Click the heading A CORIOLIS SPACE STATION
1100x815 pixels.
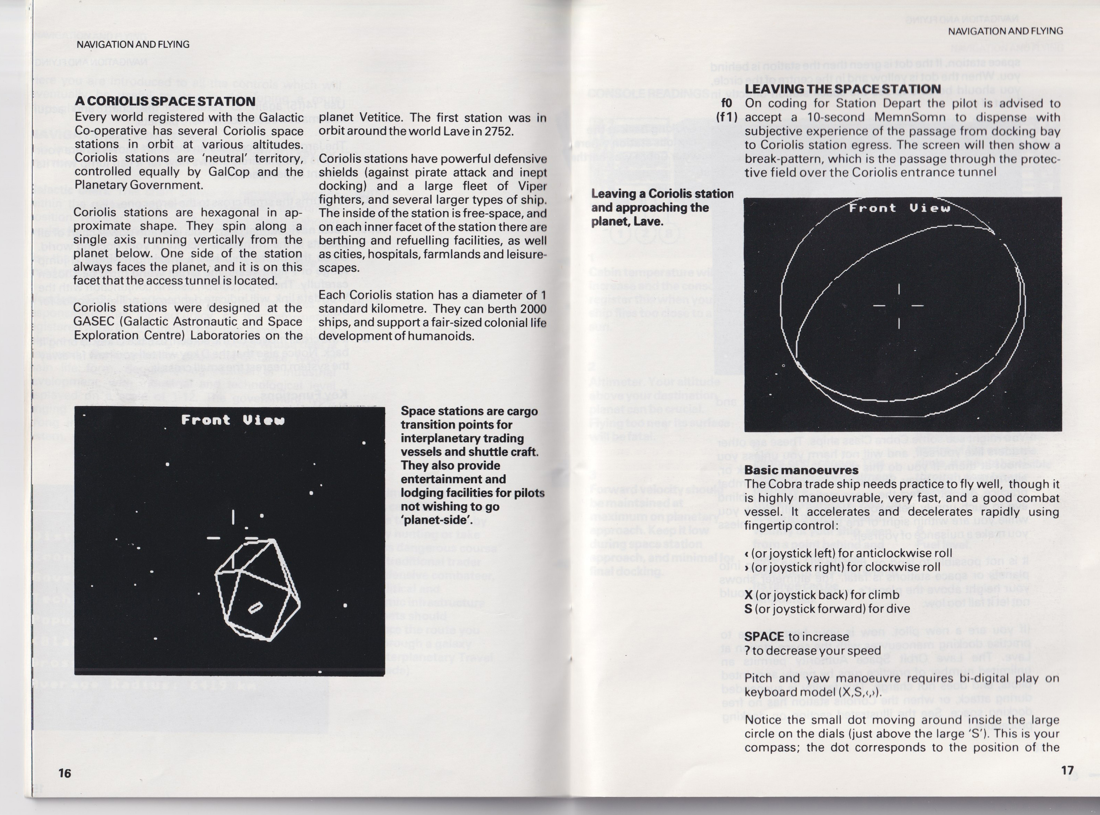(x=165, y=101)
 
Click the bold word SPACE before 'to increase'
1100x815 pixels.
(x=765, y=636)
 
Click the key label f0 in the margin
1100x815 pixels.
(x=727, y=103)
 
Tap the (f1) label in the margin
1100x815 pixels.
(x=727, y=117)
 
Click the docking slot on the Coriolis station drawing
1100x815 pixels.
(x=255, y=608)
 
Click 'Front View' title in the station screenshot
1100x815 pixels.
(x=233, y=420)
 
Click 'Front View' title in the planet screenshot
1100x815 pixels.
(x=899, y=208)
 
